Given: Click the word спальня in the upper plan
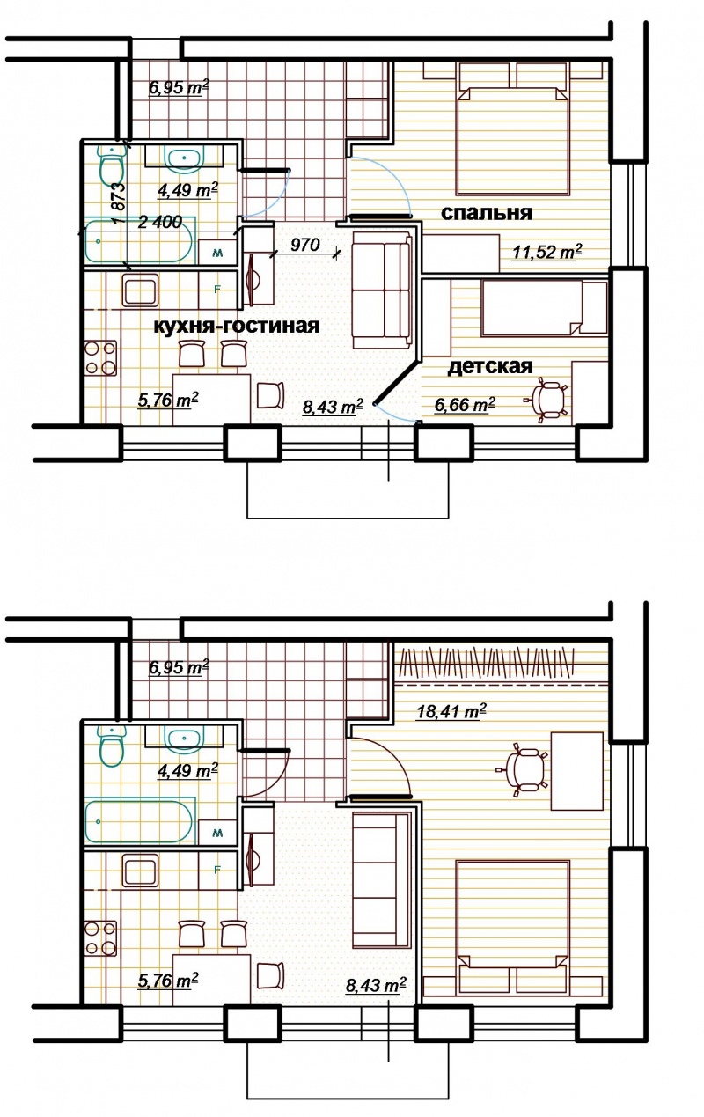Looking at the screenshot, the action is click(x=487, y=213).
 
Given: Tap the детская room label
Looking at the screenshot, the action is click(x=490, y=366).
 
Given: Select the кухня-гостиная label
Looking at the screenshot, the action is click(x=237, y=326).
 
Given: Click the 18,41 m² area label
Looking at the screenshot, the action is click(x=451, y=710).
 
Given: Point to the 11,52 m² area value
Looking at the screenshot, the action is click(x=547, y=252).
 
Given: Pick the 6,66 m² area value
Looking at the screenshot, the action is click(x=465, y=404).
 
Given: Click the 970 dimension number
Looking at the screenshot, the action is click(x=304, y=245).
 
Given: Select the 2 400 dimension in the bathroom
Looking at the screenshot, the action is click(x=159, y=222).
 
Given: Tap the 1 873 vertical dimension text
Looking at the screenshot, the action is click(x=119, y=203).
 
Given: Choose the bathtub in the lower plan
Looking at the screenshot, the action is click(x=139, y=821).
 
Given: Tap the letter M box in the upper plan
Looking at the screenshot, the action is click(x=217, y=253).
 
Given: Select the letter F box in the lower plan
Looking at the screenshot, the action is click(x=217, y=870).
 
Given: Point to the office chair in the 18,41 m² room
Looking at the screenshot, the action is click(x=524, y=769).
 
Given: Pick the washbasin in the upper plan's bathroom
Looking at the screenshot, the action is click(x=186, y=158).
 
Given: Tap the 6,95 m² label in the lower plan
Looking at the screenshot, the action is click(x=179, y=667).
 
